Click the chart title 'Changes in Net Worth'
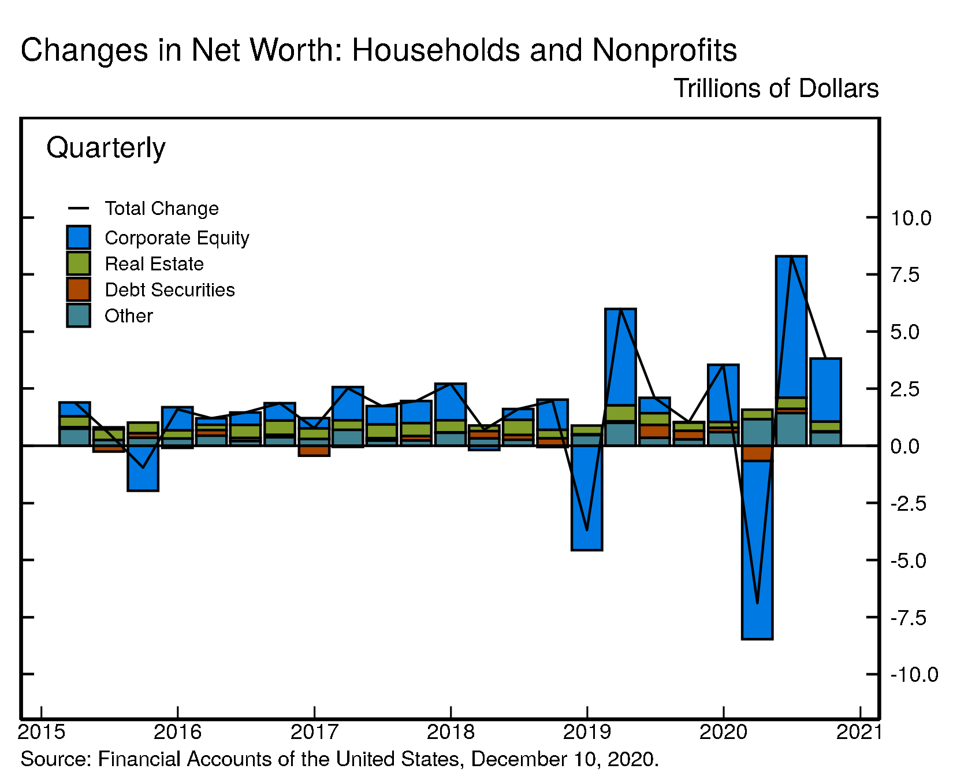click(378, 50)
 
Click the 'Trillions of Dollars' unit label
click(776, 89)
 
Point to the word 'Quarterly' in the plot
click(106, 148)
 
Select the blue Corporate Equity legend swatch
click(79, 237)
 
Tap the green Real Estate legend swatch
click(79, 263)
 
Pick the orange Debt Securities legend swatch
click(79, 289)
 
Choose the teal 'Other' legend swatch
click(79, 315)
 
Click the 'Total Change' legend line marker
click(79, 209)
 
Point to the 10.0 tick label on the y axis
click(911, 218)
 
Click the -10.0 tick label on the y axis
click(914, 675)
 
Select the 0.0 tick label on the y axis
click(904, 447)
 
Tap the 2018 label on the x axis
click(451, 733)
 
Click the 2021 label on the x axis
click(859, 733)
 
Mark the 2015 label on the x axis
click(41, 733)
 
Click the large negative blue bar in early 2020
click(757, 549)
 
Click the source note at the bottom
click(340, 759)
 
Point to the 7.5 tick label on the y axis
click(904, 275)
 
